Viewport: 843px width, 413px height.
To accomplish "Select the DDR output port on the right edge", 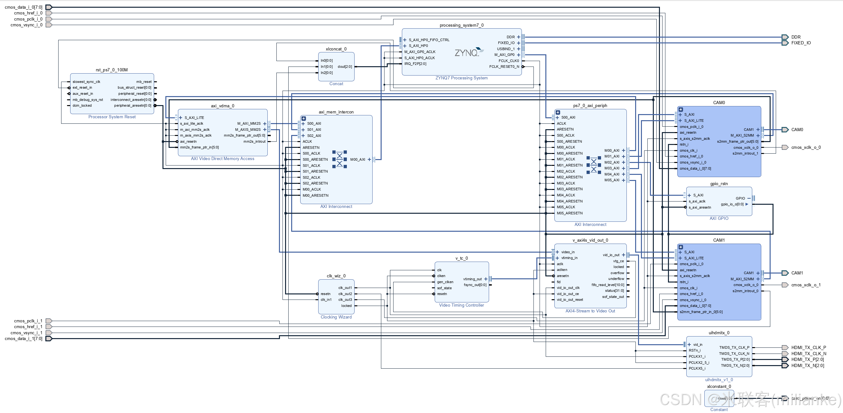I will (x=785, y=37).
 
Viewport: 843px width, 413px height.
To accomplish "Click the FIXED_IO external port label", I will (x=801, y=43).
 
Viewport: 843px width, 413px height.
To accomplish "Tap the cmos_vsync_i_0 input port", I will (x=49, y=25).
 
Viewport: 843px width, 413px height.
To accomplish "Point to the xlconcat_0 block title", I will (x=336, y=49).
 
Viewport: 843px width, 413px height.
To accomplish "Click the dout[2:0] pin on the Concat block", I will (x=345, y=67).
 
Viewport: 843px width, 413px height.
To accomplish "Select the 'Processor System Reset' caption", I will (x=112, y=117).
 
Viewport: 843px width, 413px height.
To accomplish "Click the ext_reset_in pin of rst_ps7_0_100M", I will (x=82, y=88).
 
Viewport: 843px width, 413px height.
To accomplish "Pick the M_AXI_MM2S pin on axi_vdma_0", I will (x=249, y=124).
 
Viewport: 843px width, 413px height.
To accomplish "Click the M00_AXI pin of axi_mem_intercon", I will (x=358, y=160).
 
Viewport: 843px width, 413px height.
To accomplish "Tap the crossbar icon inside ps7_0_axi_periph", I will (x=594, y=165).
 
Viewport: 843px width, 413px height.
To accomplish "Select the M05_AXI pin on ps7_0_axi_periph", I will (x=612, y=180).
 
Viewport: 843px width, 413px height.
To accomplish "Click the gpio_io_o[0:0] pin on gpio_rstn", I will (x=732, y=204).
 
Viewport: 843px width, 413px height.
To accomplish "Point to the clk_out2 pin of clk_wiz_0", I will (x=345, y=294).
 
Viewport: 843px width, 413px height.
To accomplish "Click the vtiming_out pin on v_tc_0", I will (x=473, y=279).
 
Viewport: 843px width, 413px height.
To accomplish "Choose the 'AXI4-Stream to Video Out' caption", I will (x=590, y=311).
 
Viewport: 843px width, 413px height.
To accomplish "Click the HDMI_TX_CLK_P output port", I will (x=785, y=348).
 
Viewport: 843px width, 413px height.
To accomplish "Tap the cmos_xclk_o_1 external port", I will (x=785, y=285).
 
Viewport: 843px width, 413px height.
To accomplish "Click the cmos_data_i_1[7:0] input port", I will (x=49, y=339).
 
